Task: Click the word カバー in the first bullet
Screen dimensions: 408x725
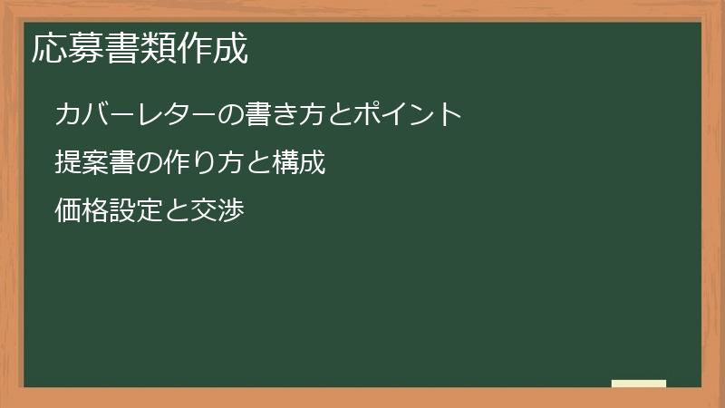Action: pyautogui.click(x=94, y=114)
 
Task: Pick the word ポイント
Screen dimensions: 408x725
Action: pyautogui.click(x=408, y=114)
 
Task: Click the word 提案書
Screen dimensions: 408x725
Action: pyautogui.click(x=94, y=163)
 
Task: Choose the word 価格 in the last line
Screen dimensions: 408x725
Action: pyautogui.click(x=82, y=212)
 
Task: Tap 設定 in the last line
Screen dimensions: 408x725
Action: pyautogui.click(x=135, y=212)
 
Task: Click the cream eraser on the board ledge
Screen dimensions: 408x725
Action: pyautogui.click(x=639, y=384)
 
